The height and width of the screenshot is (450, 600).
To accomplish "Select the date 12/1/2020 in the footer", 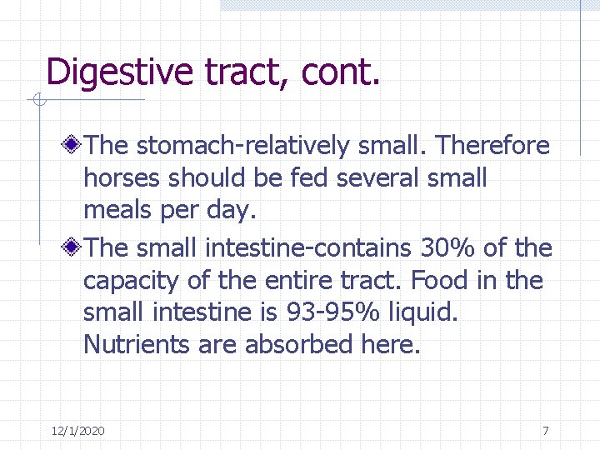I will pos(77,431).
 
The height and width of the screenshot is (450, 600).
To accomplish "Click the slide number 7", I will pos(545,431).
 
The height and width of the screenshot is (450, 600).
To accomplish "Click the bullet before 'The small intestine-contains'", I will pos(74,247).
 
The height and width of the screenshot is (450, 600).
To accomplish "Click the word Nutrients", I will pos(137,344).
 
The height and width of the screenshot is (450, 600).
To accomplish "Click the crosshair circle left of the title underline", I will pos(37,101).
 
